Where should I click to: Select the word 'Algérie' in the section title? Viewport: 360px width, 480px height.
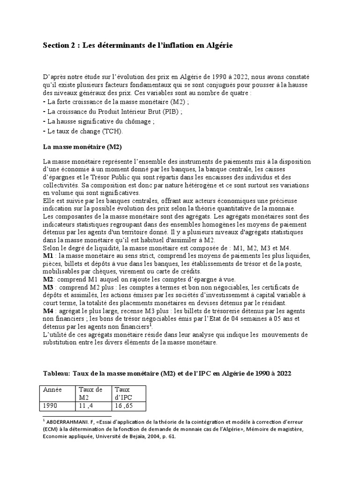pyautogui.click(x=217, y=45)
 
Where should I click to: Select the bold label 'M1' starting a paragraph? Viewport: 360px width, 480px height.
pyautogui.click(x=47, y=256)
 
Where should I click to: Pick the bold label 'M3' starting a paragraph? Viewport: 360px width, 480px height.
pyautogui.click(x=48, y=287)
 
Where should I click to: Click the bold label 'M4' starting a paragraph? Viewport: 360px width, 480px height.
pyautogui.click(x=48, y=311)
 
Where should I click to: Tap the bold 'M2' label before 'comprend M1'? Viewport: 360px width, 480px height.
pyautogui.click(x=48, y=279)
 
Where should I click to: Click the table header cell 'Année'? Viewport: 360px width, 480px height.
pyautogui.click(x=52, y=390)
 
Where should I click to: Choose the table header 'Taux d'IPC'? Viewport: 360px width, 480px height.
pyautogui.click(x=125, y=393)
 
